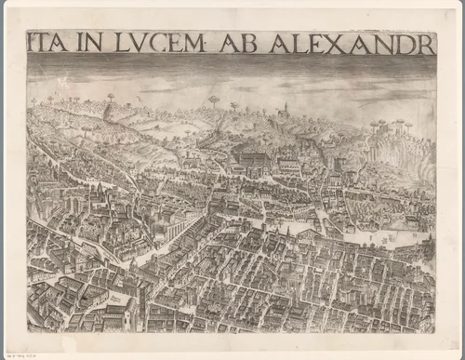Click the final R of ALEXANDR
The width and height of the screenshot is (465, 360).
[426, 43]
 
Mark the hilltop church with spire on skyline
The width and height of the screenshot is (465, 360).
[286, 109]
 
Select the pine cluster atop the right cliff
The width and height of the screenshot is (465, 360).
[388, 123]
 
